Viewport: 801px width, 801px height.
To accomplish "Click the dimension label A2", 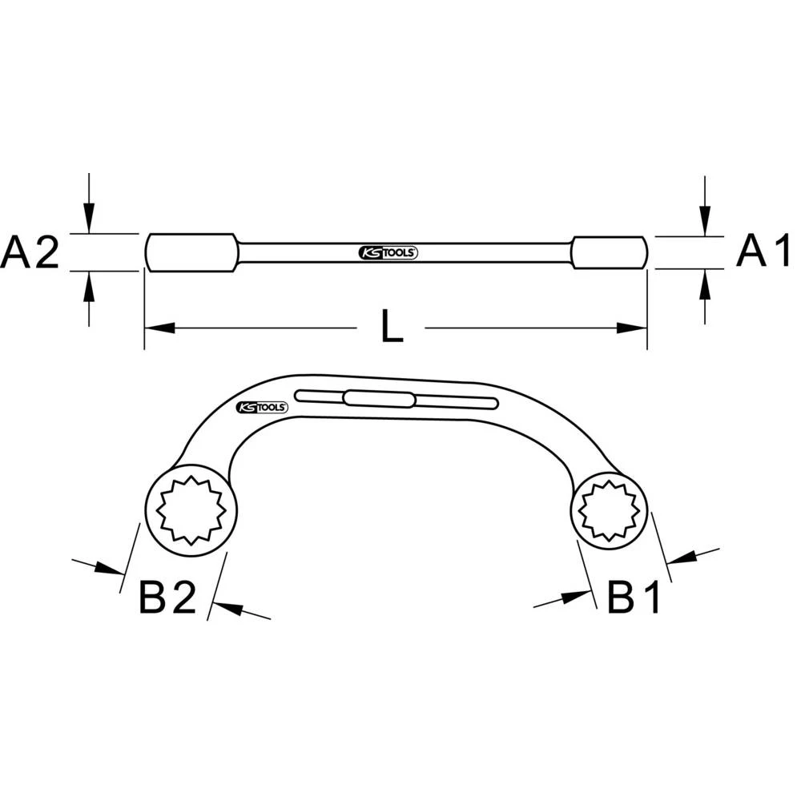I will point(30,252).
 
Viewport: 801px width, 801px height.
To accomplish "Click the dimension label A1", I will point(763,252).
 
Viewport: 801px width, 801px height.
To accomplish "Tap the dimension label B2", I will point(167,597).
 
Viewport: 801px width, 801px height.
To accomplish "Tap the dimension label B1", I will point(634,597).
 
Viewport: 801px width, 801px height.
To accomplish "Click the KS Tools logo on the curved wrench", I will point(262,407).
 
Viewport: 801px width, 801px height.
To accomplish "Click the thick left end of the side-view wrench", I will point(191,252).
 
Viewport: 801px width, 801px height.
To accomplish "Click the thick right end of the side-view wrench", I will point(608,252).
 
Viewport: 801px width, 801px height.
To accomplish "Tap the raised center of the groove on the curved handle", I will point(379,398).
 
